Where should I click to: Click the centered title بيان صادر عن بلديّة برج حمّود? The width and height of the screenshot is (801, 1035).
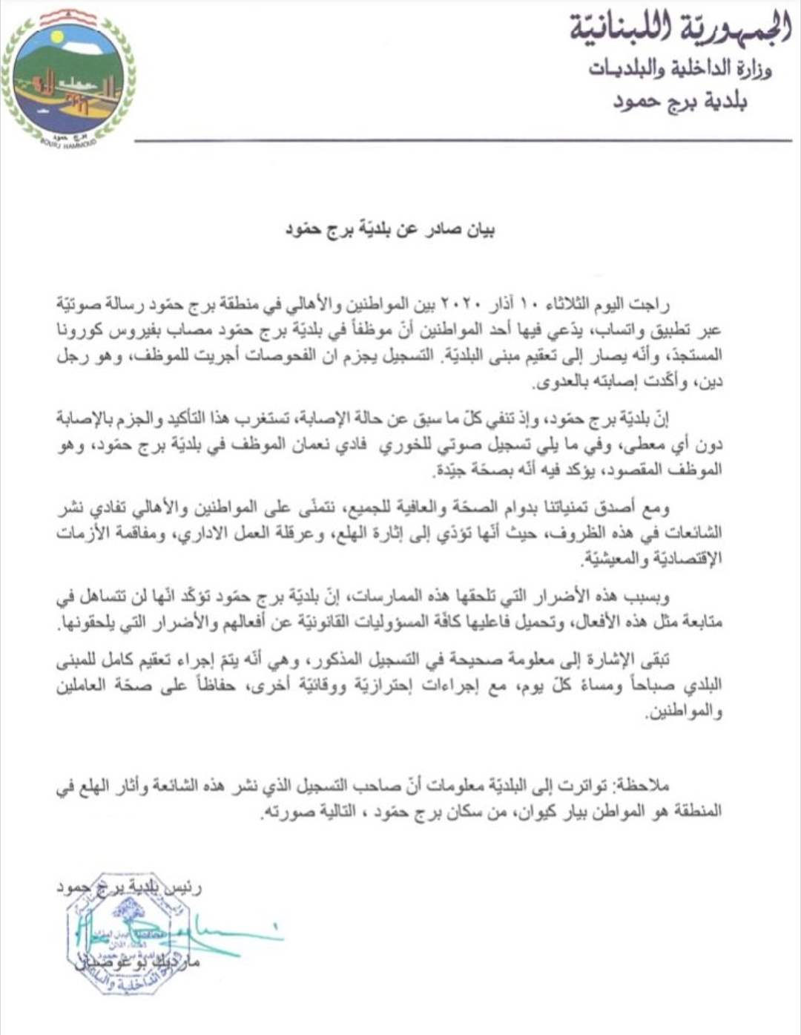pos(391,229)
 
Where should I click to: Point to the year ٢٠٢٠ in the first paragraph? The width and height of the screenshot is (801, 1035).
pos(464,304)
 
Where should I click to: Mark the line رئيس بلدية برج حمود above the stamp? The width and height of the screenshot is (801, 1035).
pos(130,887)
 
